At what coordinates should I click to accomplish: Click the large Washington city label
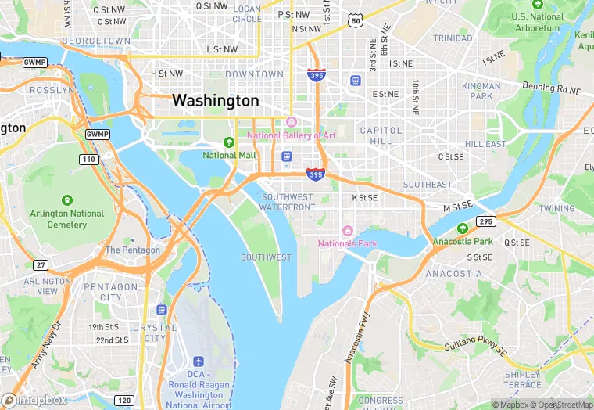click(x=215, y=101)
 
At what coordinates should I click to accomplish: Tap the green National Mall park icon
click(x=229, y=142)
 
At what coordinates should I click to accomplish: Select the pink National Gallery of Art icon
click(x=292, y=123)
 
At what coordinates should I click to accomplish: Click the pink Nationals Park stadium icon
click(x=349, y=231)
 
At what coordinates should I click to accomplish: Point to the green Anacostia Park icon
click(x=462, y=228)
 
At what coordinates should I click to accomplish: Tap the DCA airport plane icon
click(x=199, y=363)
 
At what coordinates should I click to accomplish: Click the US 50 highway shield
click(x=356, y=21)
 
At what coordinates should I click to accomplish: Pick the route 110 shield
click(x=88, y=160)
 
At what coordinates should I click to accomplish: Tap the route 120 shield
click(x=123, y=400)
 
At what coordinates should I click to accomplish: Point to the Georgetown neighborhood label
click(x=96, y=40)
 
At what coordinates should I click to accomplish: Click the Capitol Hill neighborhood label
click(x=381, y=135)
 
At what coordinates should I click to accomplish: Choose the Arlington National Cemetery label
click(x=66, y=219)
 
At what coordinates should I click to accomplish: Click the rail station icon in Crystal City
click(x=162, y=311)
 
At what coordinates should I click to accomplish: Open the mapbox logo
click(x=34, y=400)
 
